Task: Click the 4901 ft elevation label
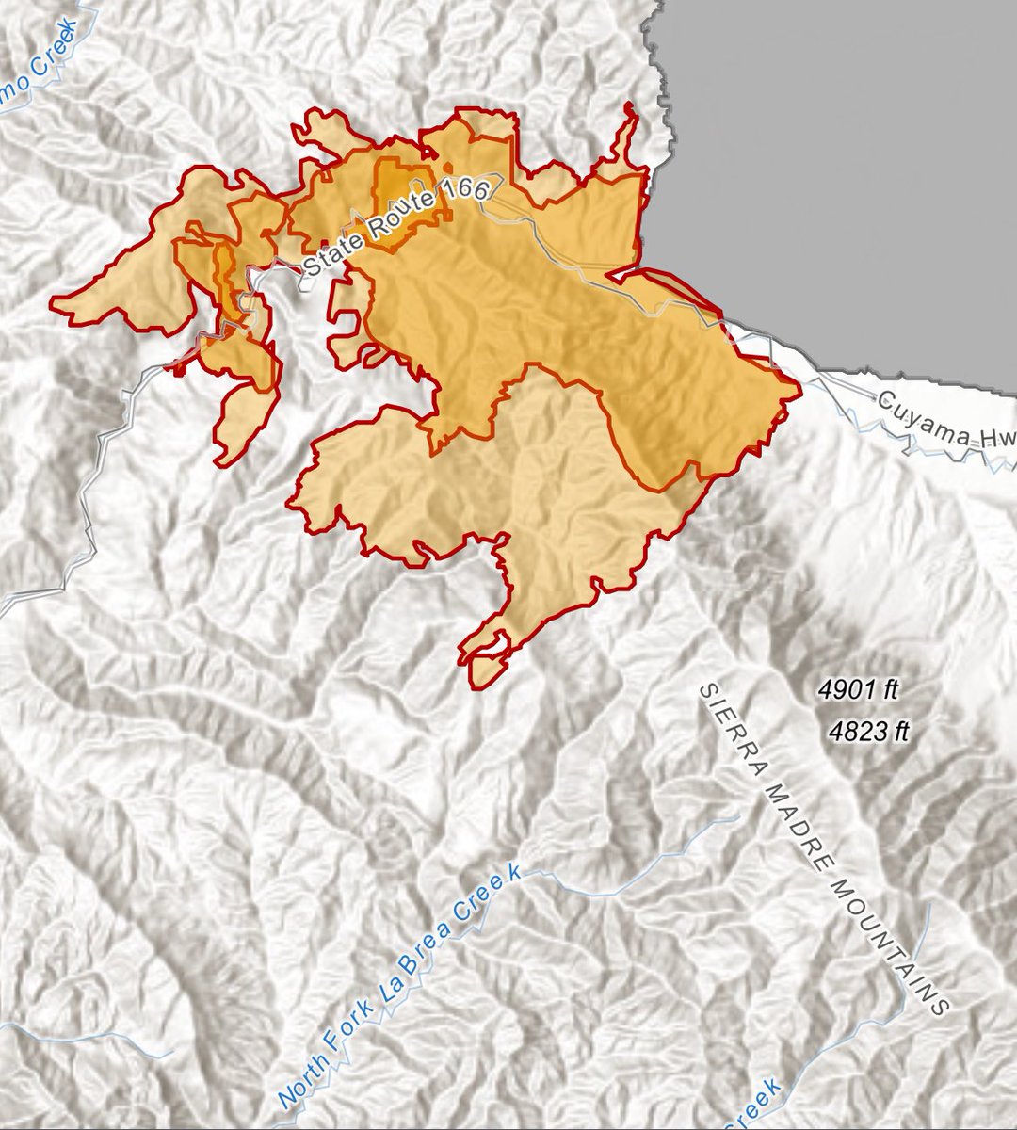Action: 859,691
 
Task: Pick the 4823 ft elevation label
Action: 870,731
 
